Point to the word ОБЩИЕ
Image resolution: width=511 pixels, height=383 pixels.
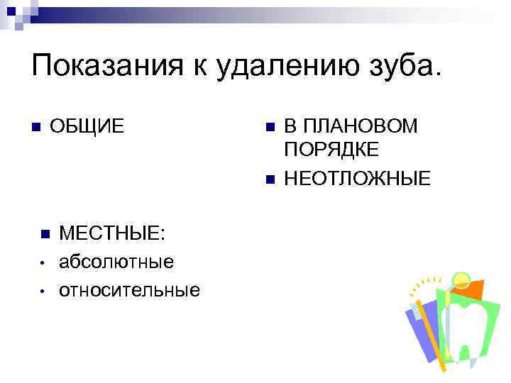[x=87, y=127]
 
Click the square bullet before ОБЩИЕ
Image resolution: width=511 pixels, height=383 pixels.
[x=35, y=127]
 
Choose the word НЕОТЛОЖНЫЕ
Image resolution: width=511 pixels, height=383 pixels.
[x=357, y=178]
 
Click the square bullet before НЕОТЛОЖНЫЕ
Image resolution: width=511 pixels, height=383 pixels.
[x=268, y=177]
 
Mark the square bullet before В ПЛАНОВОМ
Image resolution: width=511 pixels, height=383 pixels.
[x=268, y=127]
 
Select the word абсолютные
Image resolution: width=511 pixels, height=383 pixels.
[x=116, y=262]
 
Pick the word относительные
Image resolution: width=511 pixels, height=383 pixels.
[x=129, y=290]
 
